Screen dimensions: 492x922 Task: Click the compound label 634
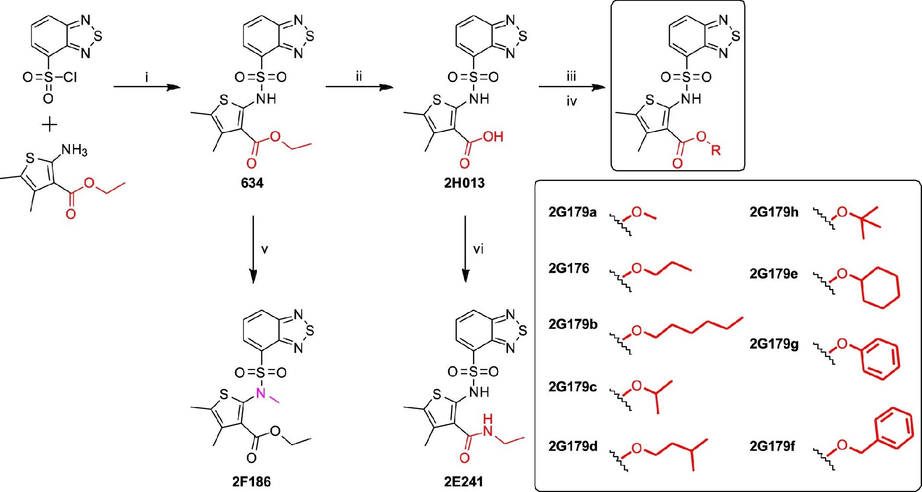pyautogui.click(x=252, y=183)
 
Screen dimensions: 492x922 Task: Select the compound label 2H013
pyautogui.click(x=464, y=183)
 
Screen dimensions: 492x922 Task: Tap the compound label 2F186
pyautogui.click(x=252, y=481)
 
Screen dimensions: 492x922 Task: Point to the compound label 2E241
pyautogui.click(x=463, y=481)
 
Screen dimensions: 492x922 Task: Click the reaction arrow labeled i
pyautogui.click(x=146, y=87)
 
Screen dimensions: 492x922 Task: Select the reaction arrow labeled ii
pyautogui.click(x=359, y=87)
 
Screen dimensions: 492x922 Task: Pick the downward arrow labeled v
pyautogui.click(x=253, y=250)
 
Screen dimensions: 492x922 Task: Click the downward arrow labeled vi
pyautogui.click(x=465, y=250)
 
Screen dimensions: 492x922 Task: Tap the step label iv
pyautogui.click(x=571, y=101)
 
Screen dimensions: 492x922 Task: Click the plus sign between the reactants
pyautogui.click(x=49, y=125)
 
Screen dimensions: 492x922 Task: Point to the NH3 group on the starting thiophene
pyautogui.click(x=74, y=151)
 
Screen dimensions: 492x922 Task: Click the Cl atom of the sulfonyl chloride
pyautogui.click(x=70, y=77)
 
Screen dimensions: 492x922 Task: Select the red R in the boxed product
pyautogui.click(x=716, y=150)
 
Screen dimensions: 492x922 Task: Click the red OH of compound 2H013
pyautogui.click(x=493, y=137)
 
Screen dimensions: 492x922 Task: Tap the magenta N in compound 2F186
pyautogui.click(x=261, y=394)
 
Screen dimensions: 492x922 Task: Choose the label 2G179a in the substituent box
pyautogui.click(x=572, y=212)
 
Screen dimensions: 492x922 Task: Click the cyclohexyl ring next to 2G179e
pyautogui.click(x=880, y=288)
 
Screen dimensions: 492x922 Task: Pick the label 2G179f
pyautogui.click(x=772, y=446)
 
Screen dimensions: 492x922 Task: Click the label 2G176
pyautogui.click(x=569, y=268)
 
